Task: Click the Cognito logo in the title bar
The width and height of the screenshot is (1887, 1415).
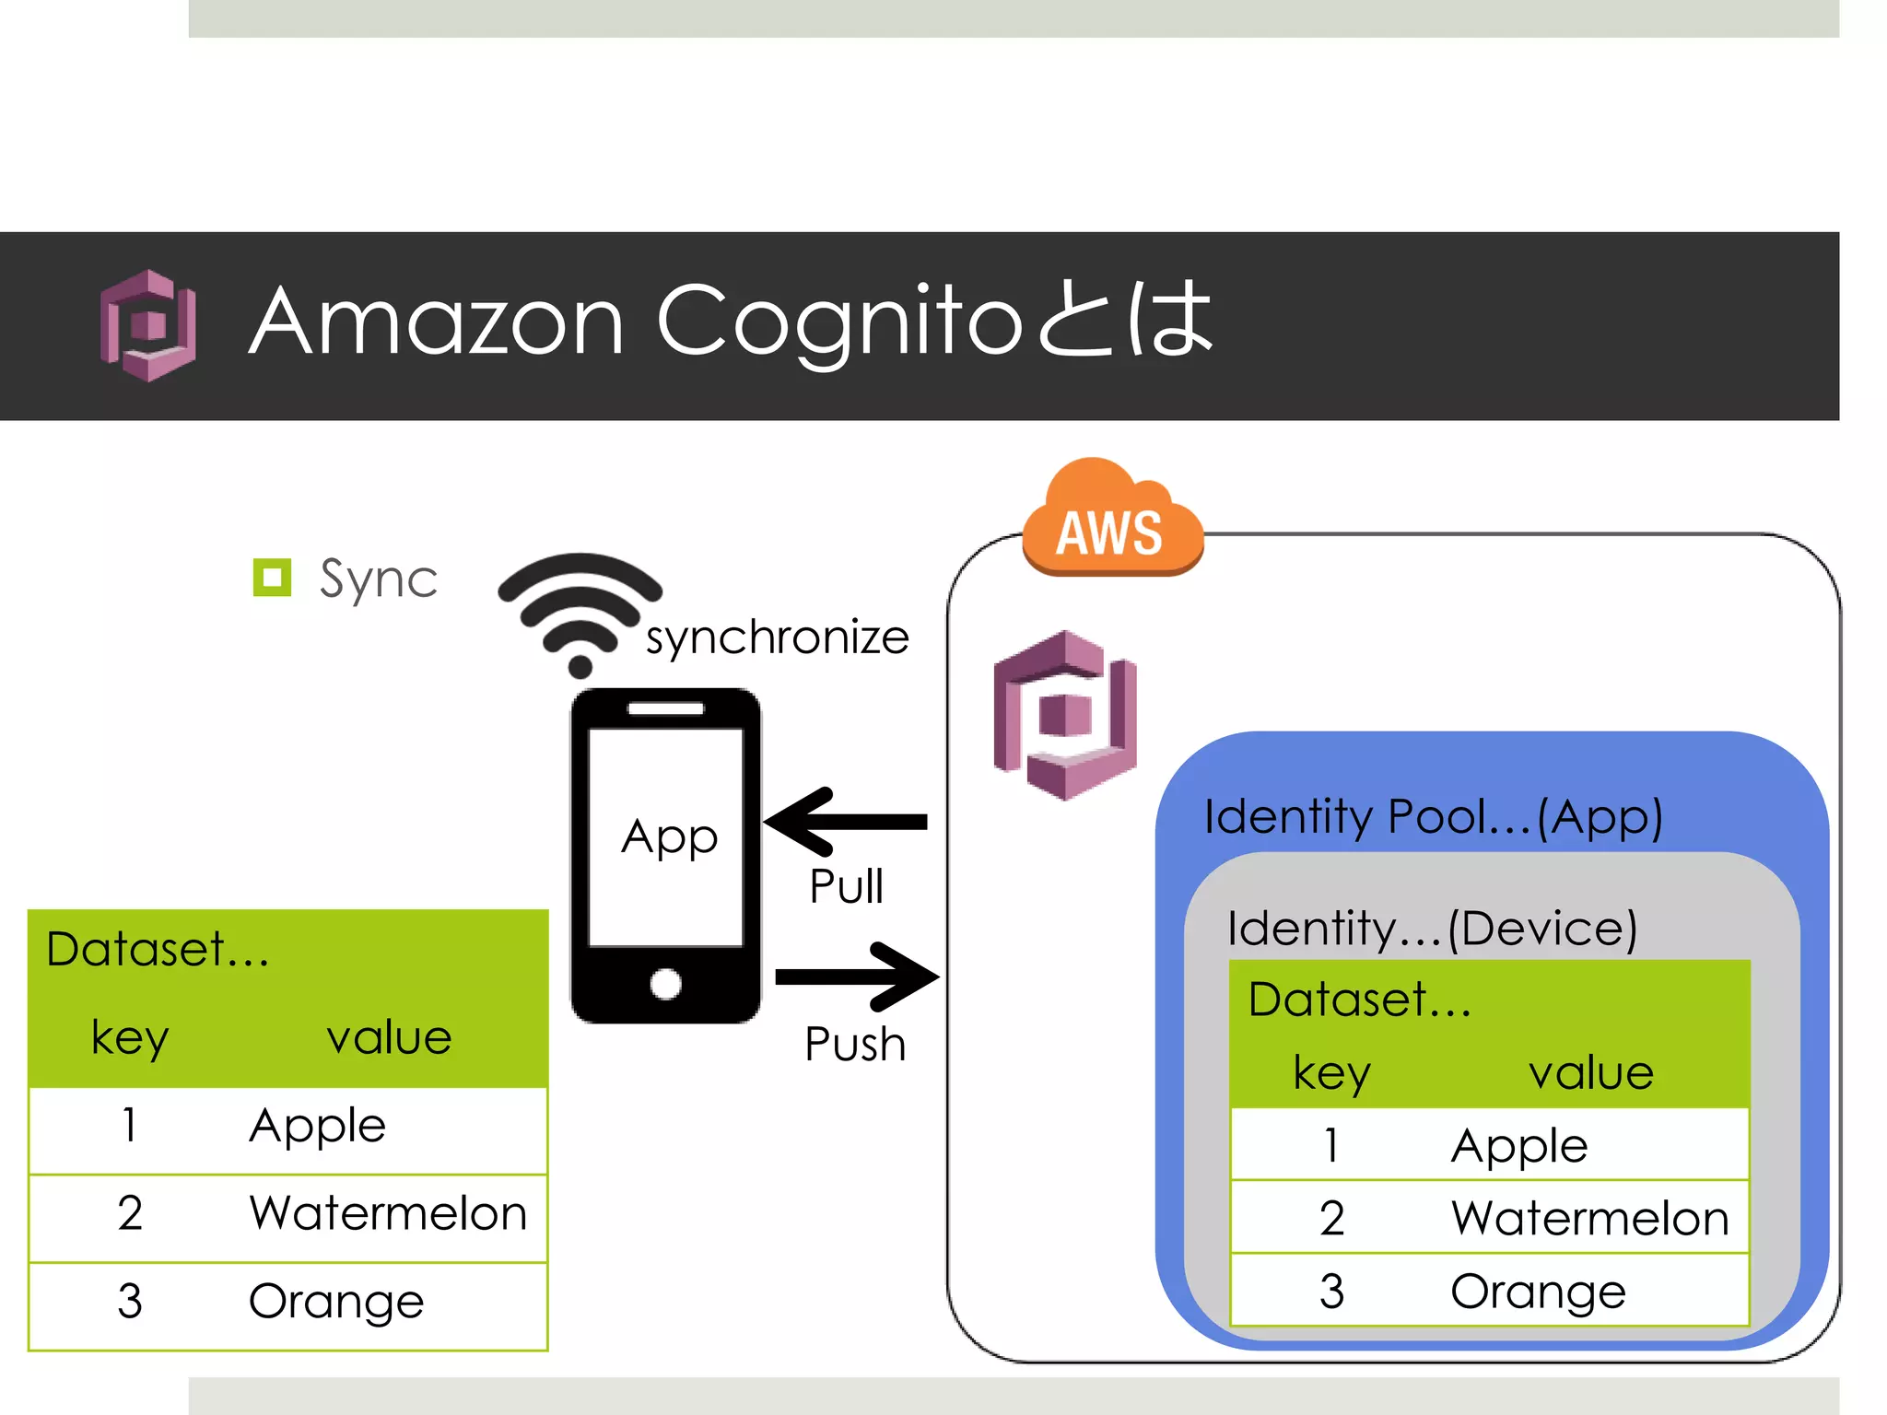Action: tap(147, 325)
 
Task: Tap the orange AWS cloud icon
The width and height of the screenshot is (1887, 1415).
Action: tap(1112, 520)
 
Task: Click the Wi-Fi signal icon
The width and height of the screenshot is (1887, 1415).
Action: tap(580, 613)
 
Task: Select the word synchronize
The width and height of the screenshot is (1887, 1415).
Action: tap(777, 637)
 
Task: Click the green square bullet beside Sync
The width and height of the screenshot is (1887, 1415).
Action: tap(272, 578)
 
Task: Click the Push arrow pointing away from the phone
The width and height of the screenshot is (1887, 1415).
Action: tap(857, 977)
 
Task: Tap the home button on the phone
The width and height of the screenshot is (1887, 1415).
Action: tap(665, 984)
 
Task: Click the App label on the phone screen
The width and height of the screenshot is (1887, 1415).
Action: tap(669, 837)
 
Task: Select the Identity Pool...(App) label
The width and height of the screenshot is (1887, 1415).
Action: tap(1433, 817)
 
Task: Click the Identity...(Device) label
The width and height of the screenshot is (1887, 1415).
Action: tap(1432, 929)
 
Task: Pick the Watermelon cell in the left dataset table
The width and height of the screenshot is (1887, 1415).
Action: tap(388, 1213)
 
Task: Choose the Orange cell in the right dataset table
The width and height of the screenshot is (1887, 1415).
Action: tap(1538, 1292)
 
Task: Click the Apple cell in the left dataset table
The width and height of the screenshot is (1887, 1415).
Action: tap(318, 1126)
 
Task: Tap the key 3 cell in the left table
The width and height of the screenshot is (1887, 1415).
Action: tap(130, 1301)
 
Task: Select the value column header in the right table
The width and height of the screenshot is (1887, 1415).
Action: tap(1591, 1073)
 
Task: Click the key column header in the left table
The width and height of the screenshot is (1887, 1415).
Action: tap(130, 1038)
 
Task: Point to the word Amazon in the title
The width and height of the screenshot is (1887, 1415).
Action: tap(437, 321)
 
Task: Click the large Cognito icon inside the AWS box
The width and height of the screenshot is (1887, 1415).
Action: tap(1065, 715)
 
